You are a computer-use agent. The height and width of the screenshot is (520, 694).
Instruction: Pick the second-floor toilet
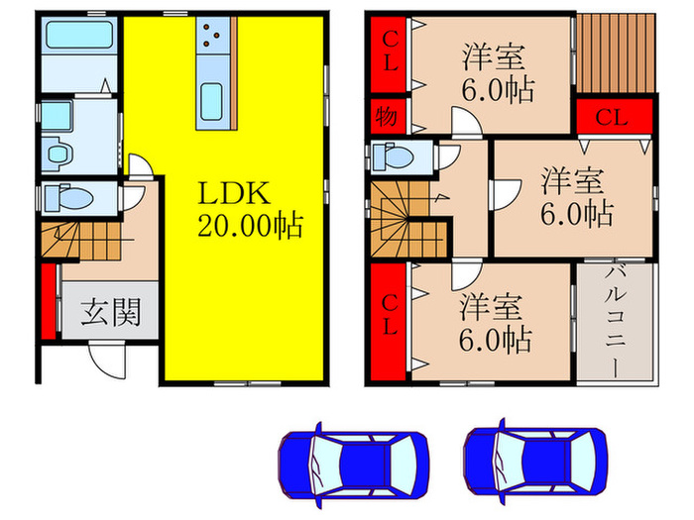point(398,156)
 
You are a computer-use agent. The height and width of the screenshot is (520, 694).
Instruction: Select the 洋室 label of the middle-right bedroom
point(571,181)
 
